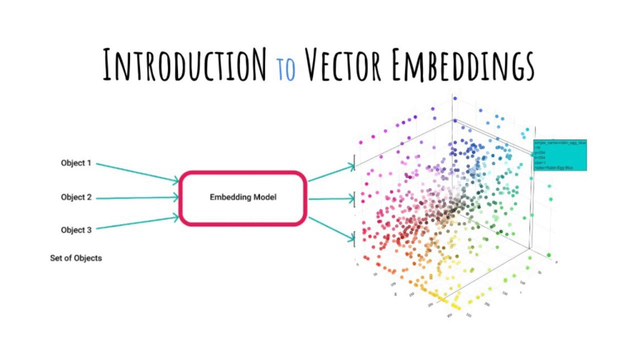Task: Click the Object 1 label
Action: click(x=76, y=164)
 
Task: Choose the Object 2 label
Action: click(x=76, y=197)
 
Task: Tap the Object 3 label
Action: click(x=76, y=230)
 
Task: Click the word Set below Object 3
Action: click(x=57, y=257)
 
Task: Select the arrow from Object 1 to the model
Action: click(x=137, y=172)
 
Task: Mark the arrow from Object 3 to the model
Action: click(x=137, y=224)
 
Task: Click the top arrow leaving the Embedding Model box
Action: click(x=331, y=173)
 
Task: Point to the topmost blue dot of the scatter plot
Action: click(x=454, y=99)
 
